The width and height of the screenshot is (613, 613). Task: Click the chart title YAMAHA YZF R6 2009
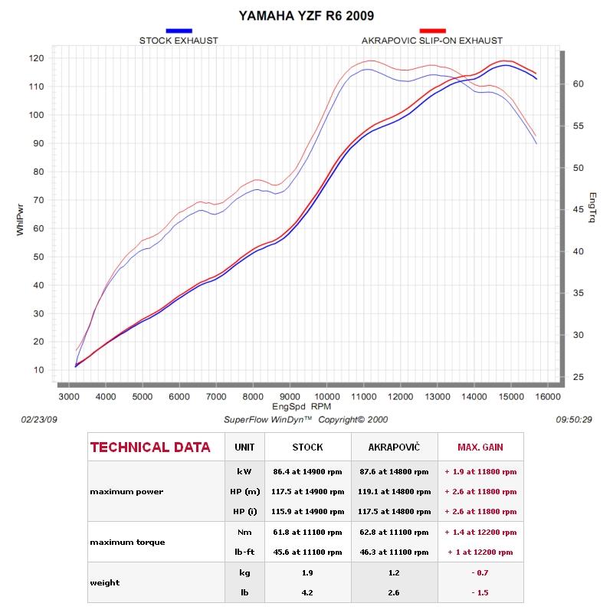306,15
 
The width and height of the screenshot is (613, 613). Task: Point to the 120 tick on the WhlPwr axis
36,58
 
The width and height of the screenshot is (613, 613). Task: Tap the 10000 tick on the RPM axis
326,396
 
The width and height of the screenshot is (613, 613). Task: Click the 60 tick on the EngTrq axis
579,84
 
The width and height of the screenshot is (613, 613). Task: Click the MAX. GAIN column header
480,447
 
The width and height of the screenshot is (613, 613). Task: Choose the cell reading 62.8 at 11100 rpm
393,532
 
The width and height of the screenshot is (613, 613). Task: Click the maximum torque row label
127,542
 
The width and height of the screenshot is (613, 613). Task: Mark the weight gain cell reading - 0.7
480,572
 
